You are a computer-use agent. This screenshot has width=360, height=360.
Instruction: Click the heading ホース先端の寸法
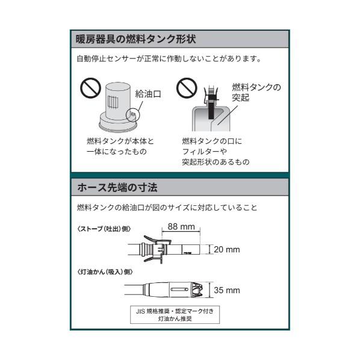pyautogui.click(x=117, y=188)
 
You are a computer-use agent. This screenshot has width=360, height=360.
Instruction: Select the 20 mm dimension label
pyautogui.click(x=226, y=249)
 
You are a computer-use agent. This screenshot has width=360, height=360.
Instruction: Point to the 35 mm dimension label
pyautogui.click(x=226, y=290)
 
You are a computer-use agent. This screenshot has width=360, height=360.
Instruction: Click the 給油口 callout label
pyautogui.click(x=149, y=94)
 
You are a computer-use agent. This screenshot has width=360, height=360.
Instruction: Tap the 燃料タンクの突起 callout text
pyautogui.click(x=256, y=92)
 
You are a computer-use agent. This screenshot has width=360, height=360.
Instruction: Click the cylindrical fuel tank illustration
pyautogui.click(x=119, y=108)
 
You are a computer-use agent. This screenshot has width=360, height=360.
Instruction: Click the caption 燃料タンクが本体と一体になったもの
pyautogui.click(x=120, y=146)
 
